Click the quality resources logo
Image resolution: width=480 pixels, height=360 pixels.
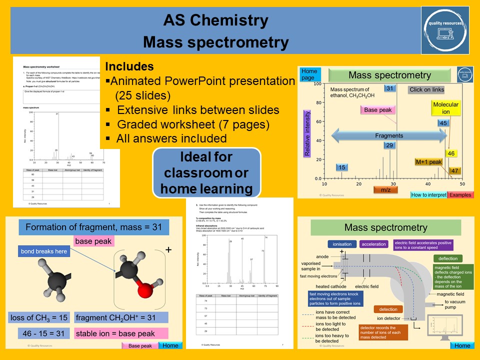click(445, 29)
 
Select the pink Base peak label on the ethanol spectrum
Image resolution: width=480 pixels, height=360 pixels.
click(378, 110)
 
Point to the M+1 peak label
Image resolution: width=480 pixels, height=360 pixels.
click(428, 162)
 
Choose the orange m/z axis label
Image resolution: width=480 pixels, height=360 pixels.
click(385, 189)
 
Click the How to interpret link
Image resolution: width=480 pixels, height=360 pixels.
click(428, 195)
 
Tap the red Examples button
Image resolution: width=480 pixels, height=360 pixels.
click(460, 195)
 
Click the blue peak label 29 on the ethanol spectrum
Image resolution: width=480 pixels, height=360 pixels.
click(390, 145)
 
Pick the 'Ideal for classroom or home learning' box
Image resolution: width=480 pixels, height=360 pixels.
click(206, 173)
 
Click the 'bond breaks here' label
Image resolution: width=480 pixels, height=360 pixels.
click(44, 251)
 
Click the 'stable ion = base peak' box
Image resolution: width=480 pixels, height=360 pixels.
click(121, 333)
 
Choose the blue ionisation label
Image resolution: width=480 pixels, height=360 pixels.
click(342, 244)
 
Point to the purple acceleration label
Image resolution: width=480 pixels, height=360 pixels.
click(374, 244)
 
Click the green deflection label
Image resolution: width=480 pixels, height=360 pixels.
click(447, 258)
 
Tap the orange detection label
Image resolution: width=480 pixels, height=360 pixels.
click(388, 309)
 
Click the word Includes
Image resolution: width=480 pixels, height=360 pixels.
click(129, 67)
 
